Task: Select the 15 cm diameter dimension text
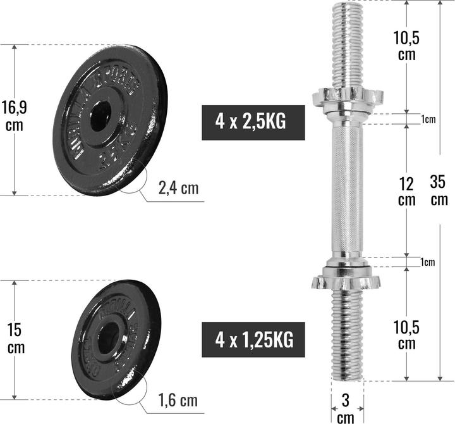[15, 339]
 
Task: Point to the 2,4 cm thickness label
[178, 188]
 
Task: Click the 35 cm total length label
[438, 191]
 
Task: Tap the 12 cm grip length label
[407, 191]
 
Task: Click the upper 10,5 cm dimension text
[405, 46]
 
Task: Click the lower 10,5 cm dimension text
[405, 335]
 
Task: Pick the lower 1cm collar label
[428, 262]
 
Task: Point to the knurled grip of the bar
[346, 190]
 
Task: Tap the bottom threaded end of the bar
[346, 335]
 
